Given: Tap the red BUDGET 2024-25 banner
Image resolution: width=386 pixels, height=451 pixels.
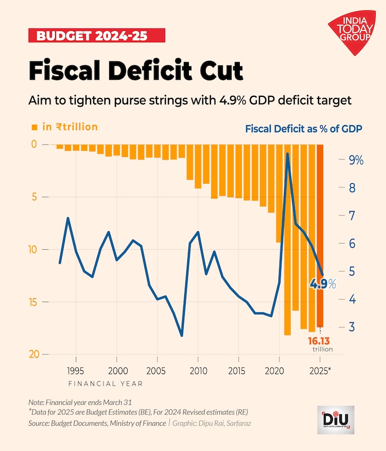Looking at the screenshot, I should (93, 36).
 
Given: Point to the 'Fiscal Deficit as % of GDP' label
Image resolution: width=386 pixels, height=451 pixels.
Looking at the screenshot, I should (304, 128).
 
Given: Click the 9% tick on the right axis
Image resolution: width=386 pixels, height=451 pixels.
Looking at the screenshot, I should (356, 160).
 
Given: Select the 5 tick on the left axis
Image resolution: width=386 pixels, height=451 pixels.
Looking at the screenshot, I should (33, 197).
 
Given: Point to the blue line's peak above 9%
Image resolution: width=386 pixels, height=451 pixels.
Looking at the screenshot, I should (287, 153).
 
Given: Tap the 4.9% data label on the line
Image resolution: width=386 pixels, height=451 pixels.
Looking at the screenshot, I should (322, 284).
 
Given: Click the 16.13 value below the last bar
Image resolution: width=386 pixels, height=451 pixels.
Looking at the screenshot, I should (319, 341).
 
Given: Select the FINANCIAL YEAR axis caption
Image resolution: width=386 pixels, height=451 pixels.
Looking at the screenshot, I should (106, 384).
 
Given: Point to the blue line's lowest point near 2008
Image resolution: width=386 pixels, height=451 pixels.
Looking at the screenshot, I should (182, 336).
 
